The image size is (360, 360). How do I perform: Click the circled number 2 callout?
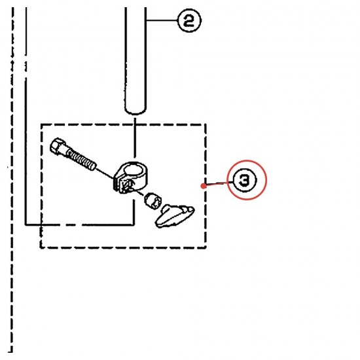[189, 21]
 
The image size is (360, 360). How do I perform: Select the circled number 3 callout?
[244, 180]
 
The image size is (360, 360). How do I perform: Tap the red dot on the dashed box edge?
[203, 186]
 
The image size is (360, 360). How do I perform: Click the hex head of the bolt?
[58, 146]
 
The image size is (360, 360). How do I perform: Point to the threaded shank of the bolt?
[81, 158]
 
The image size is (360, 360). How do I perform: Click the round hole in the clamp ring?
[132, 170]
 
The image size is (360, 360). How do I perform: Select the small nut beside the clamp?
[153, 201]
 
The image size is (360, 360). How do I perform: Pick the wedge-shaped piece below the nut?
[175, 216]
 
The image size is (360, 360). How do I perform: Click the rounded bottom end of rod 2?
[135, 111]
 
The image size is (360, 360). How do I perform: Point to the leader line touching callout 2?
[162, 21]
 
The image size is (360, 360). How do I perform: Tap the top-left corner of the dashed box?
[41, 124]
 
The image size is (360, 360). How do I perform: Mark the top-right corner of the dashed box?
[206, 124]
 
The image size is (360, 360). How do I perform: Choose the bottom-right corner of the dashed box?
[206, 247]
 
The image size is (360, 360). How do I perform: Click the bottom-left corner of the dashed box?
[41, 247]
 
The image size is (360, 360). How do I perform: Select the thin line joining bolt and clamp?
[105, 173]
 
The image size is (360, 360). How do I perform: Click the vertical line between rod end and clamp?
[135, 137]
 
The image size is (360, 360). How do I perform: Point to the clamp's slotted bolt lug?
[123, 185]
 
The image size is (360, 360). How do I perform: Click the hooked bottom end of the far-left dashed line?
[10, 351]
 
